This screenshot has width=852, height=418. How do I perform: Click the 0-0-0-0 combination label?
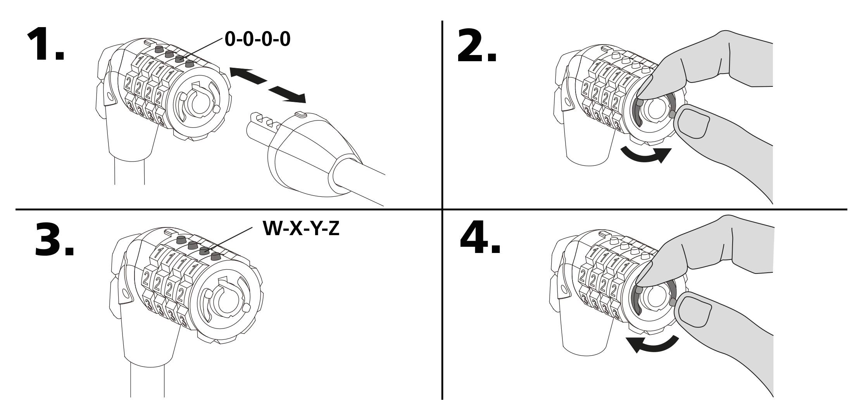point(257,39)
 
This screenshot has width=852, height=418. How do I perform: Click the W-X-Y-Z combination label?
point(301,228)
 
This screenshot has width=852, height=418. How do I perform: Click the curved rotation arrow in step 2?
point(645,155)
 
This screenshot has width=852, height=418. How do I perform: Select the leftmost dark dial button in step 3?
point(181,240)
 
